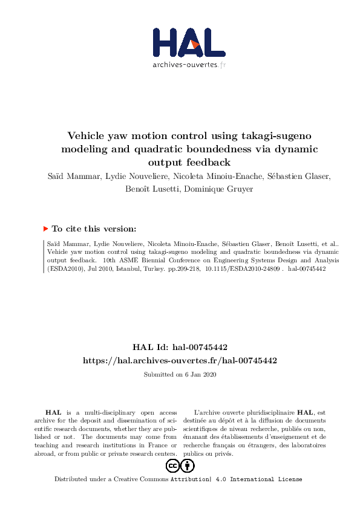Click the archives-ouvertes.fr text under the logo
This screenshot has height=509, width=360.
coord(189,65)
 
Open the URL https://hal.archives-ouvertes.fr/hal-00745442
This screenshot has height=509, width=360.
coord(180,360)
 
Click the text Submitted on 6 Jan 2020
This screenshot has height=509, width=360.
coord(180,374)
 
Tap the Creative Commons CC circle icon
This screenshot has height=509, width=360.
coord(172,465)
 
